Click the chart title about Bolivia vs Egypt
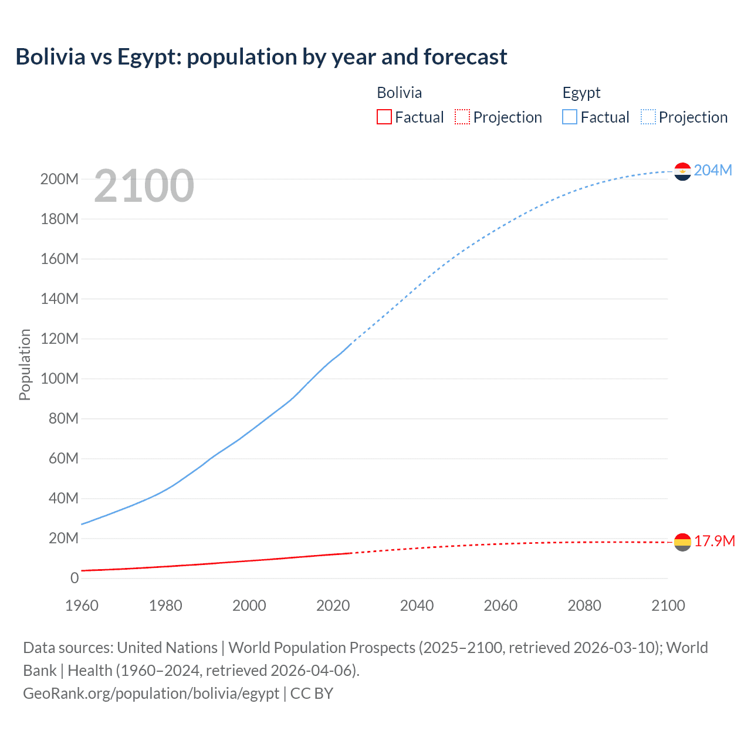coord(261,57)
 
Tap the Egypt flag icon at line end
coord(682,171)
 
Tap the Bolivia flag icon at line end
coord(682,542)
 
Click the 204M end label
coord(713,170)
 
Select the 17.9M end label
coord(714,541)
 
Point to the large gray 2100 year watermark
coord(144,185)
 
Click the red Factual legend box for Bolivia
coord(384,117)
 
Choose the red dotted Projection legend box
coord(462,117)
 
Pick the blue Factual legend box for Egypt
coord(570,117)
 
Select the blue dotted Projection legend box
coord(648,117)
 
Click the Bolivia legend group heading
coord(399,93)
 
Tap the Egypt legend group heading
coord(581,93)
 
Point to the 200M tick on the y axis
coord(59,179)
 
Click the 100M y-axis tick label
coord(59,378)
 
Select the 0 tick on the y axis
coord(75,578)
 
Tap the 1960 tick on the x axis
coord(82,605)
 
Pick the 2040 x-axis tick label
coord(417,605)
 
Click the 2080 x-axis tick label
coord(584,605)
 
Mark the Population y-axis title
coord(25,364)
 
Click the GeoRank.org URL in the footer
coord(151,694)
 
